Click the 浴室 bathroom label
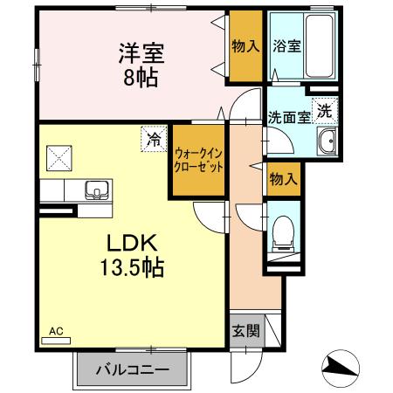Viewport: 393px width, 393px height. (286, 46)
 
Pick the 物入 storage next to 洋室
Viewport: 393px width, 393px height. (245, 46)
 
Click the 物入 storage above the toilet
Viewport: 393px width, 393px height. (283, 179)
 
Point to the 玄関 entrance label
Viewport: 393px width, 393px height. (245, 331)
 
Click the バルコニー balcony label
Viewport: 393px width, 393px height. (133, 370)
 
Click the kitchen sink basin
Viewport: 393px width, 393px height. (93, 190)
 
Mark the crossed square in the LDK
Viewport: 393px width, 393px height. (59, 160)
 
